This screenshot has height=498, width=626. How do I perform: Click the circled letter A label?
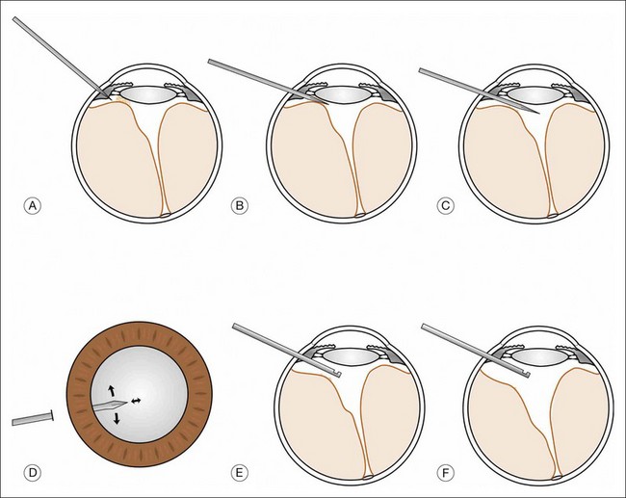(33, 205)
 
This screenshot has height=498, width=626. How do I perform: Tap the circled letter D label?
(33, 473)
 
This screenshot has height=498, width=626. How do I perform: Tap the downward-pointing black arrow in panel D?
(117, 419)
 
